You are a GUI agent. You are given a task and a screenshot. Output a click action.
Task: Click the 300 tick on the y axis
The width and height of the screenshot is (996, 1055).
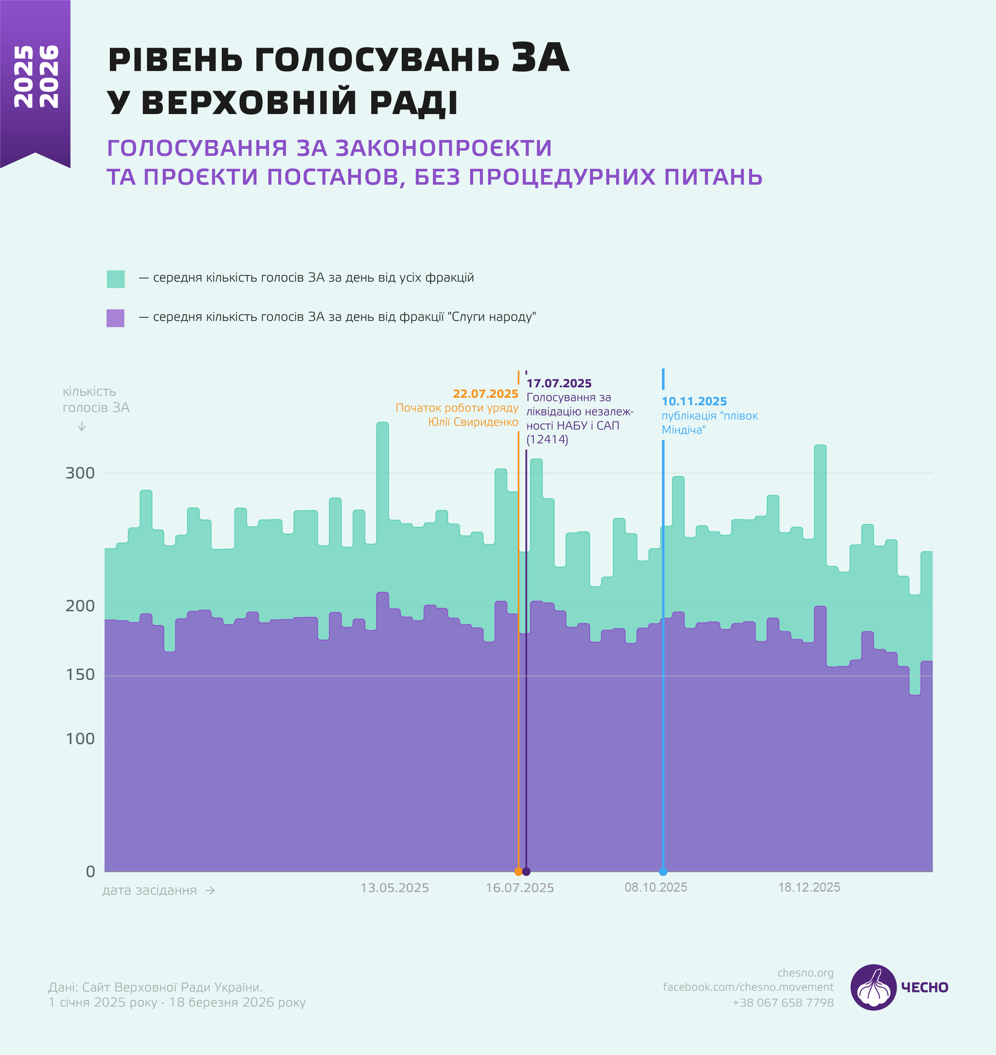tap(80, 473)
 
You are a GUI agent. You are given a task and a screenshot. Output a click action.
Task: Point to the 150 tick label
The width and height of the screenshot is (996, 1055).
tap(80, 675)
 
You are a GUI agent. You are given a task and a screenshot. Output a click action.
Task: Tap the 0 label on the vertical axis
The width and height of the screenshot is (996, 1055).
tap(90, 872)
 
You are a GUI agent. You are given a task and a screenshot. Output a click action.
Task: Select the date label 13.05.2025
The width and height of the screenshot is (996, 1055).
tap(395, 888)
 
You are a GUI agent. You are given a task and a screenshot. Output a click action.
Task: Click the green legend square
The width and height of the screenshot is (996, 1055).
tap(116, 279)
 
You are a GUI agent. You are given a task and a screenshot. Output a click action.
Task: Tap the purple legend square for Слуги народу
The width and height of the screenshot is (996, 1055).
tap(115, 318)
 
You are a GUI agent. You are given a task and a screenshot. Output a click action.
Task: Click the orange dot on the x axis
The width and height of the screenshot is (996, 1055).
tap(518, 872)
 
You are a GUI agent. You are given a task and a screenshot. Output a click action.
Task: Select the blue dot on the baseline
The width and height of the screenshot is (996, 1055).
tap(663, 872)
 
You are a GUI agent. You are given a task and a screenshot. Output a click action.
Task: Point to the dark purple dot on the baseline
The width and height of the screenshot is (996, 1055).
tap(526, 872)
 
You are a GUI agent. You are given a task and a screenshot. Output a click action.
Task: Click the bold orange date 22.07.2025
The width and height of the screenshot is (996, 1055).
tap(485, 394)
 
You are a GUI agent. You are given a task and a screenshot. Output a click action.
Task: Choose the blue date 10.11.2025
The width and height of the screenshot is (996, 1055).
tap(694, 402)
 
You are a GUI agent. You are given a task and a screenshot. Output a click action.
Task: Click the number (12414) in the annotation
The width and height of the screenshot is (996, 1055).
tap(547, 440)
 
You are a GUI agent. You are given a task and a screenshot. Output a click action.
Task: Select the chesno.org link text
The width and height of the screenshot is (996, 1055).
tap(806, 973)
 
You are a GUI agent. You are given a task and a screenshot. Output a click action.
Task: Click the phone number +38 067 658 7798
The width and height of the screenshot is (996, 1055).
tap(783, 1003)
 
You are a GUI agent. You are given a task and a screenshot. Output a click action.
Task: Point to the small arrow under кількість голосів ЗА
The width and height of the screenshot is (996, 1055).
tap(82, 427)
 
